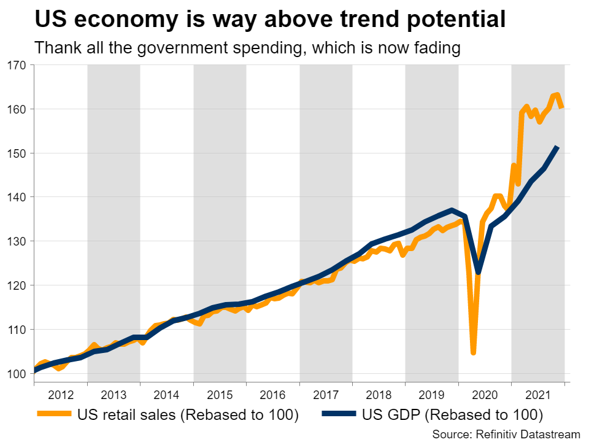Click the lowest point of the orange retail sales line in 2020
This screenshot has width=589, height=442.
pos(474,352)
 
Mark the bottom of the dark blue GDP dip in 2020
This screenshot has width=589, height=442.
pos(478,272)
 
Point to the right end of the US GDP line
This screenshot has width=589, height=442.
pos(557,147)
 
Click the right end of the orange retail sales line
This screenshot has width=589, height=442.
pos(561,108)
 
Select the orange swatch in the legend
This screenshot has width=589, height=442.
pos(55,415)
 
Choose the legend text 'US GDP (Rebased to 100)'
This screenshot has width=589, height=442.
pos(451,415)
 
